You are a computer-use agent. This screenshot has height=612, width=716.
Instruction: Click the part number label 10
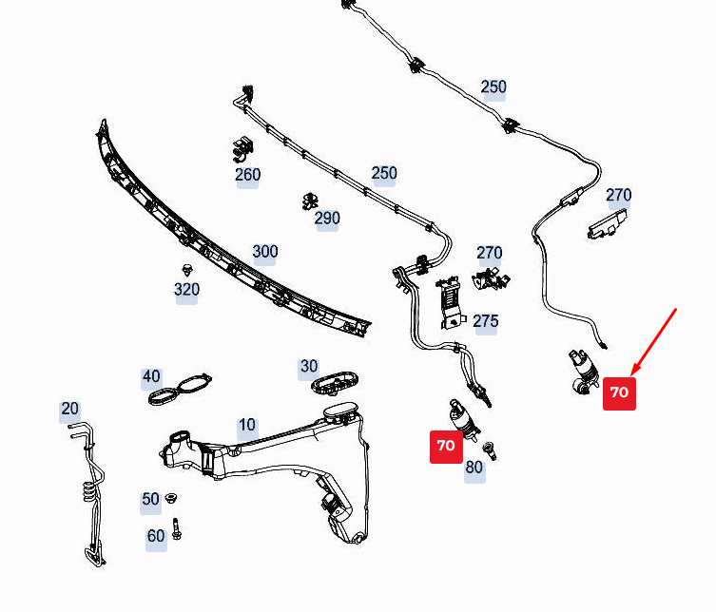click(x=247, y=425)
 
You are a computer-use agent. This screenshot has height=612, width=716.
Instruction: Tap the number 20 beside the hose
click(x=69, y=409)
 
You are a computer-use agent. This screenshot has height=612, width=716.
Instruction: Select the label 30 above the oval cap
click(x=309, y=366)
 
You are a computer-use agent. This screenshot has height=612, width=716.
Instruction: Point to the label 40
click(x=151, y=376)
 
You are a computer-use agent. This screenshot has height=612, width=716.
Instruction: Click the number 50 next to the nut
click(x=150, y=499)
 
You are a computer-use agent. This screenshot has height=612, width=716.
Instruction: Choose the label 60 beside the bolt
click(x=156, y=536)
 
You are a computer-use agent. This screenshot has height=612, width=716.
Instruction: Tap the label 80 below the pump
click(x=474, y=468)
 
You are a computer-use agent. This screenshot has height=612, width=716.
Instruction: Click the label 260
click(x=247, y=174)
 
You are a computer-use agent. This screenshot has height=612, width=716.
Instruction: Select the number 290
click(x=327, y=219)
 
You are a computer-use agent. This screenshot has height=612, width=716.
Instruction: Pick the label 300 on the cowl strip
click(x=265, y=252)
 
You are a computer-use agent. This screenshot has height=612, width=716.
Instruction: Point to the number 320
click(x=186, y=289)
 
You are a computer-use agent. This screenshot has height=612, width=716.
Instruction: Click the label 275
click(x=485, y=321)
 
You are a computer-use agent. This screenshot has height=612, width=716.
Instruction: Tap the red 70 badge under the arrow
click(x=619, y=392)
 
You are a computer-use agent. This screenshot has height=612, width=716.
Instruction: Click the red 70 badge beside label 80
click(x=446, y=447)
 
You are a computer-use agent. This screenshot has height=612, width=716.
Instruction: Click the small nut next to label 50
click(x=171, y=497)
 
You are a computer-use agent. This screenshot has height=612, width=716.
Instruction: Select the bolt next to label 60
click(x=176, y=529)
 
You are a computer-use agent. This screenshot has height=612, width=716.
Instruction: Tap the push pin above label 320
click(x=186, y=269)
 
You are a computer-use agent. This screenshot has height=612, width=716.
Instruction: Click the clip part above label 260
click(x=242, y=149)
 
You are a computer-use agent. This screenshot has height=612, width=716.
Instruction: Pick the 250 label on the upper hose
click(x=493, y=86)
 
